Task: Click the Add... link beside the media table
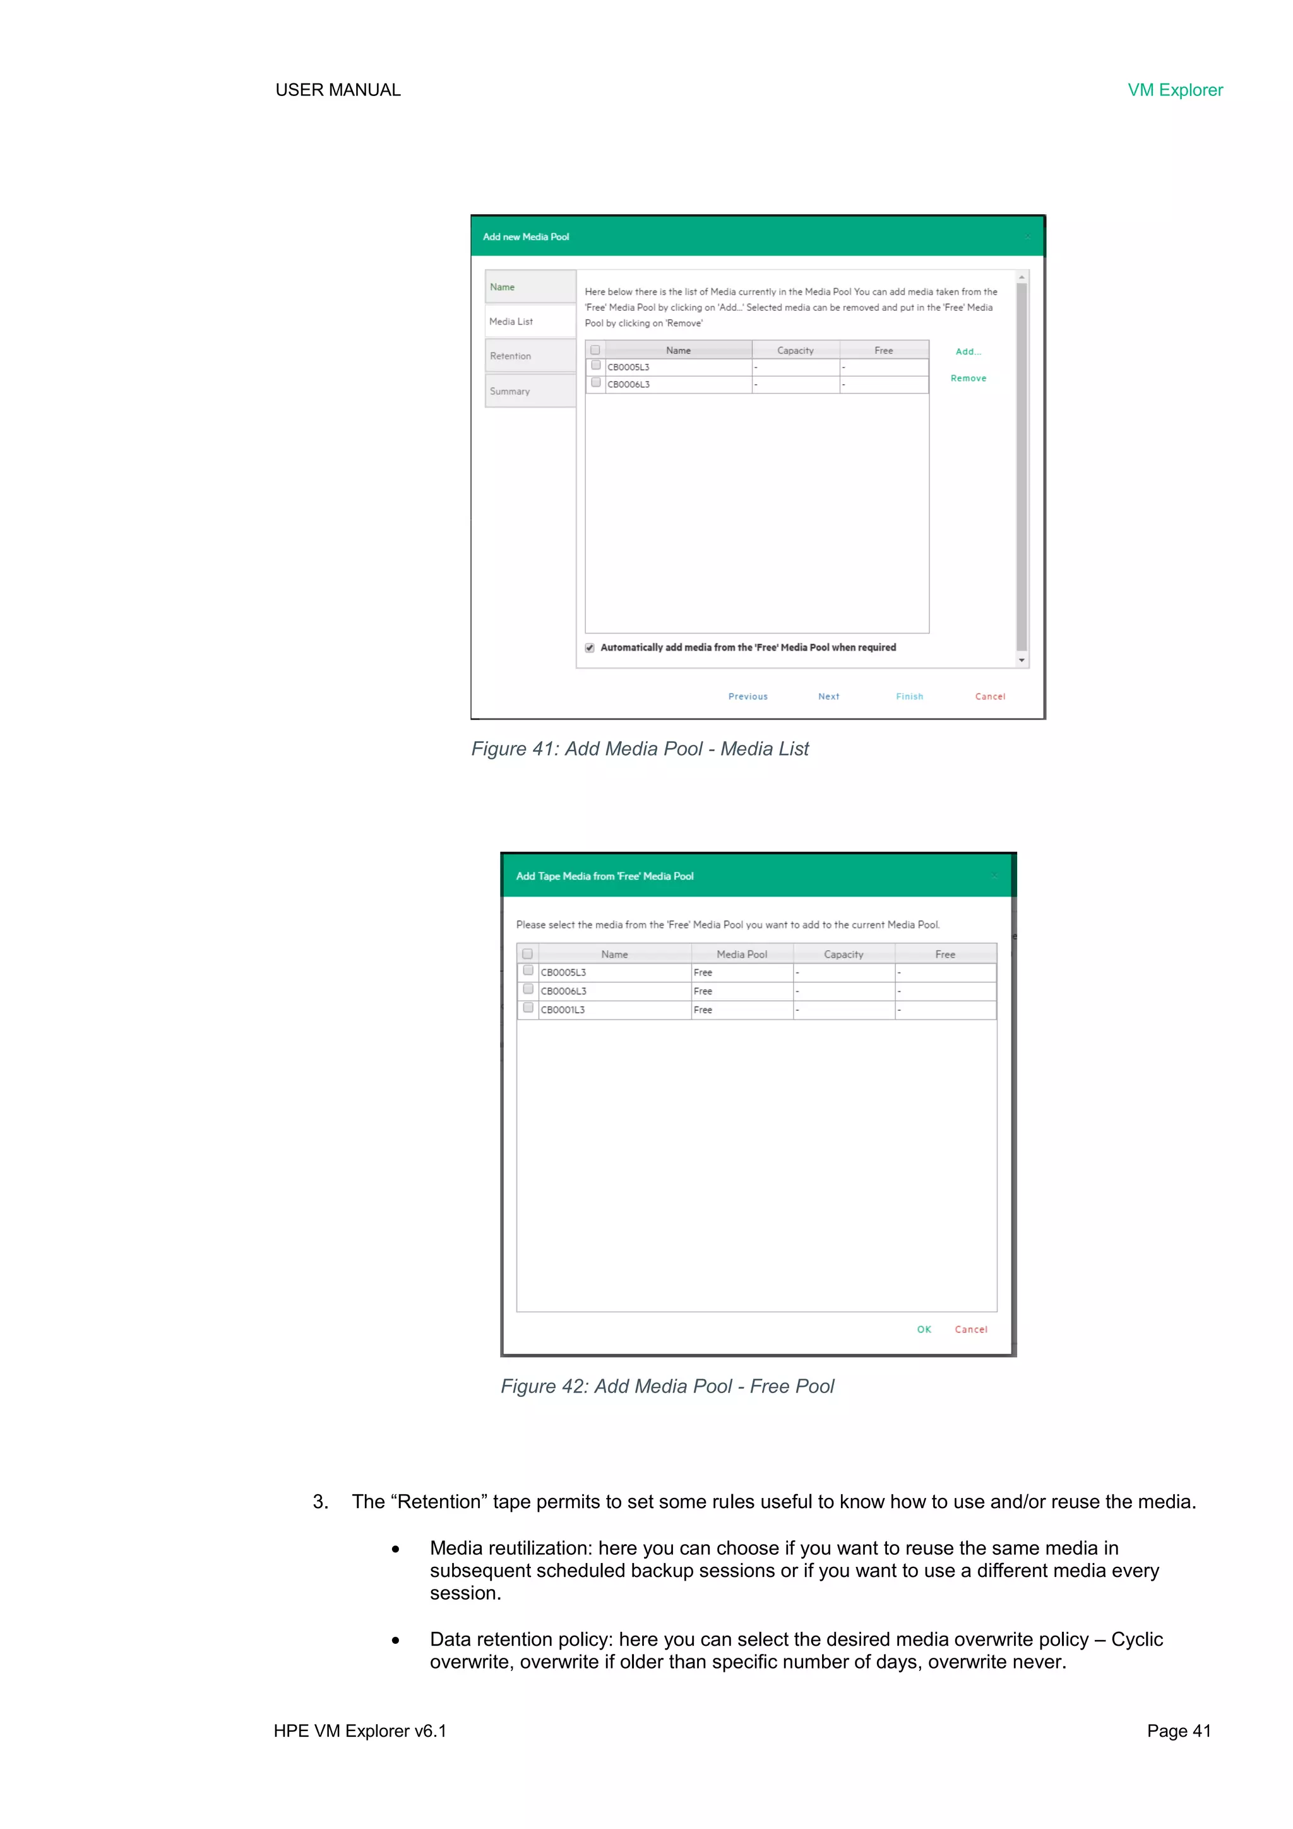pos(968,351)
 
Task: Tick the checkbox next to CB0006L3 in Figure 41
pos(595,382)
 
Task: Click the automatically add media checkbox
pos(590,648)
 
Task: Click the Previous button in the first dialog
pos(748,696)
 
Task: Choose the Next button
pos(828,696)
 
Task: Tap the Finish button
pos(909,696)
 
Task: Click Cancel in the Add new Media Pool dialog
pos(990,696)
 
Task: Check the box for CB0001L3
pos(528,1008)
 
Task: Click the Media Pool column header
pos(741,955)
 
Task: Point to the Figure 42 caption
pos(667,1386)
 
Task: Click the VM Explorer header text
pos(1174,90)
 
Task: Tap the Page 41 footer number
pos(1178,1731)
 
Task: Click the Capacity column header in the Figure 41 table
pos(795,351)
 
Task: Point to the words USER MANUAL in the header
pos(338,90)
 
